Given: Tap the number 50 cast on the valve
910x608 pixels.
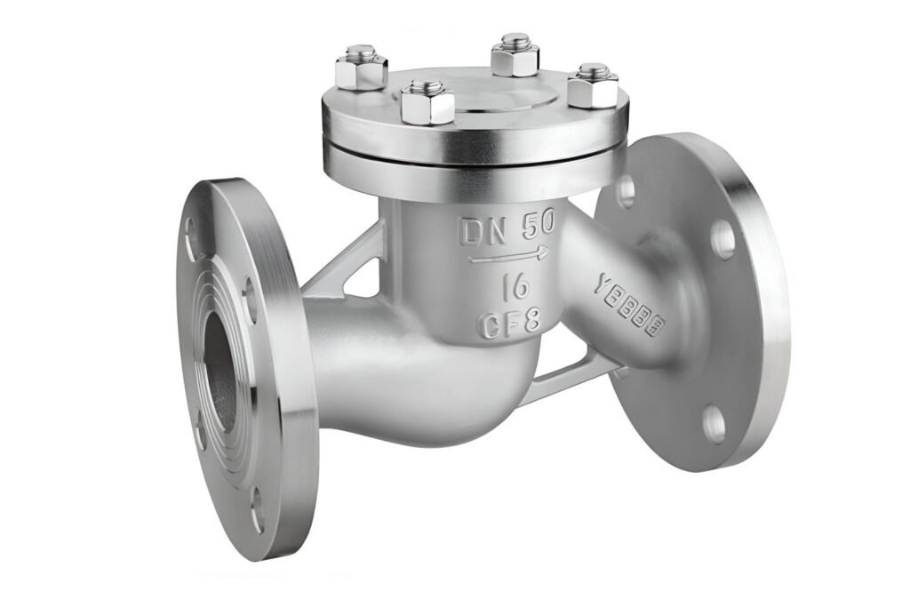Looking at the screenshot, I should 537,227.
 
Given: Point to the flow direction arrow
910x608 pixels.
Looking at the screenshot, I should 509,257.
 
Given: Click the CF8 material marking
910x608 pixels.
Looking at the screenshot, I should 509,321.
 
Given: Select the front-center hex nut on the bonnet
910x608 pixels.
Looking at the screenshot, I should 427,101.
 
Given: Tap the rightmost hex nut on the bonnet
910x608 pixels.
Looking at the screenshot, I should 593,85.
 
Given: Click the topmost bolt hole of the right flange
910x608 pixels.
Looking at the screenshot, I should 626,191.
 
